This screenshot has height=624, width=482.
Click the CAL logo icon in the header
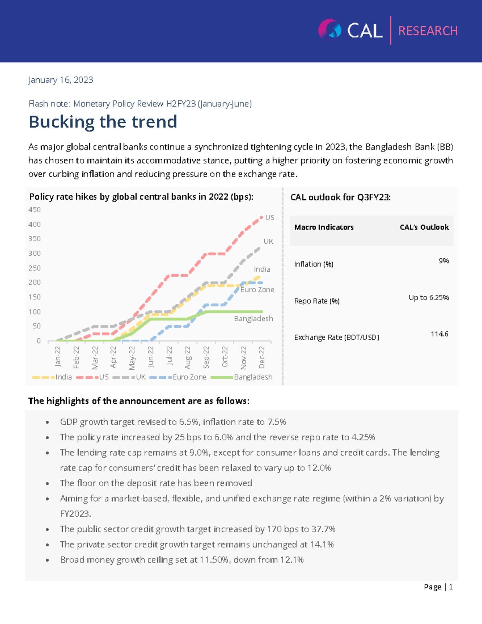[330, 29]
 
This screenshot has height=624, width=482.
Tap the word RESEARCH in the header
[428, 31]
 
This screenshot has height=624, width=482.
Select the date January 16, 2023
[61, 80]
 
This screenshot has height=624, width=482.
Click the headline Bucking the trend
[103, 122]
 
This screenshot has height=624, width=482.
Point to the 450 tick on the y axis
[35, 210]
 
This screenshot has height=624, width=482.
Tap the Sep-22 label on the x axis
[206, 357]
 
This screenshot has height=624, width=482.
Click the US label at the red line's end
[270, 218]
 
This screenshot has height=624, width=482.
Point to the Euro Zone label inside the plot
[257, 290]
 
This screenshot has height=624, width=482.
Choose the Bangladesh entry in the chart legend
[253, 377]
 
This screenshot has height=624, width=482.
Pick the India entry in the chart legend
[63, 377]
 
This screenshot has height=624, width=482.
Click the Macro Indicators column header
[324, 227]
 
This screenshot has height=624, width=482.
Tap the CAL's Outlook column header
[424, 227]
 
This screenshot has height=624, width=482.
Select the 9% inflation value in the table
[443, 261]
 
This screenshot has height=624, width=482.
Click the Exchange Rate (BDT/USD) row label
[337, 338]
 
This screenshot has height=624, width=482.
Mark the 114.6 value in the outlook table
[439, 334]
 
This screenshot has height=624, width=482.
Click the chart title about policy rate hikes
[141, 197]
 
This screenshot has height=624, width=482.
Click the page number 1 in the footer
[451, 587]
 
